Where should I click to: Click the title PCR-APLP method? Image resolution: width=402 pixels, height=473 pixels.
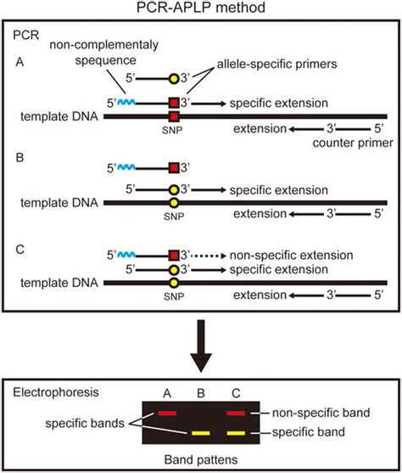tap(201, 9)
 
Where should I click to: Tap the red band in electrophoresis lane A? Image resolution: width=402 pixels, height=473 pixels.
tap(166, 414)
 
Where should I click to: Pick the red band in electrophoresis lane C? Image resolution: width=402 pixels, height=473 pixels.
tap(238, 414)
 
